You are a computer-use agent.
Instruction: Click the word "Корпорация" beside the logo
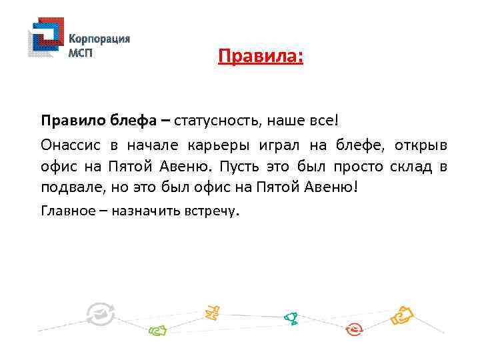click(x=99, y=39)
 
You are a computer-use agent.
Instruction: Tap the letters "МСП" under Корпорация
click(x=81, y=53)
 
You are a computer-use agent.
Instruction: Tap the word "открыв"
click(x=420, y=145)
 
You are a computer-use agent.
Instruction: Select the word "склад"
click(x=406, y=166)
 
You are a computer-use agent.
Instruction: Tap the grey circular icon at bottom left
click(x=101, y=313)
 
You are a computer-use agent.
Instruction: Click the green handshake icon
click(x=157, y=329)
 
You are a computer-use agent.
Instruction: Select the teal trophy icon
click(x=290, y=318)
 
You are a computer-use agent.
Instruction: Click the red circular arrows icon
click(x=354, y=329)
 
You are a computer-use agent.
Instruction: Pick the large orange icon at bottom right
click(x=403, y=314)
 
